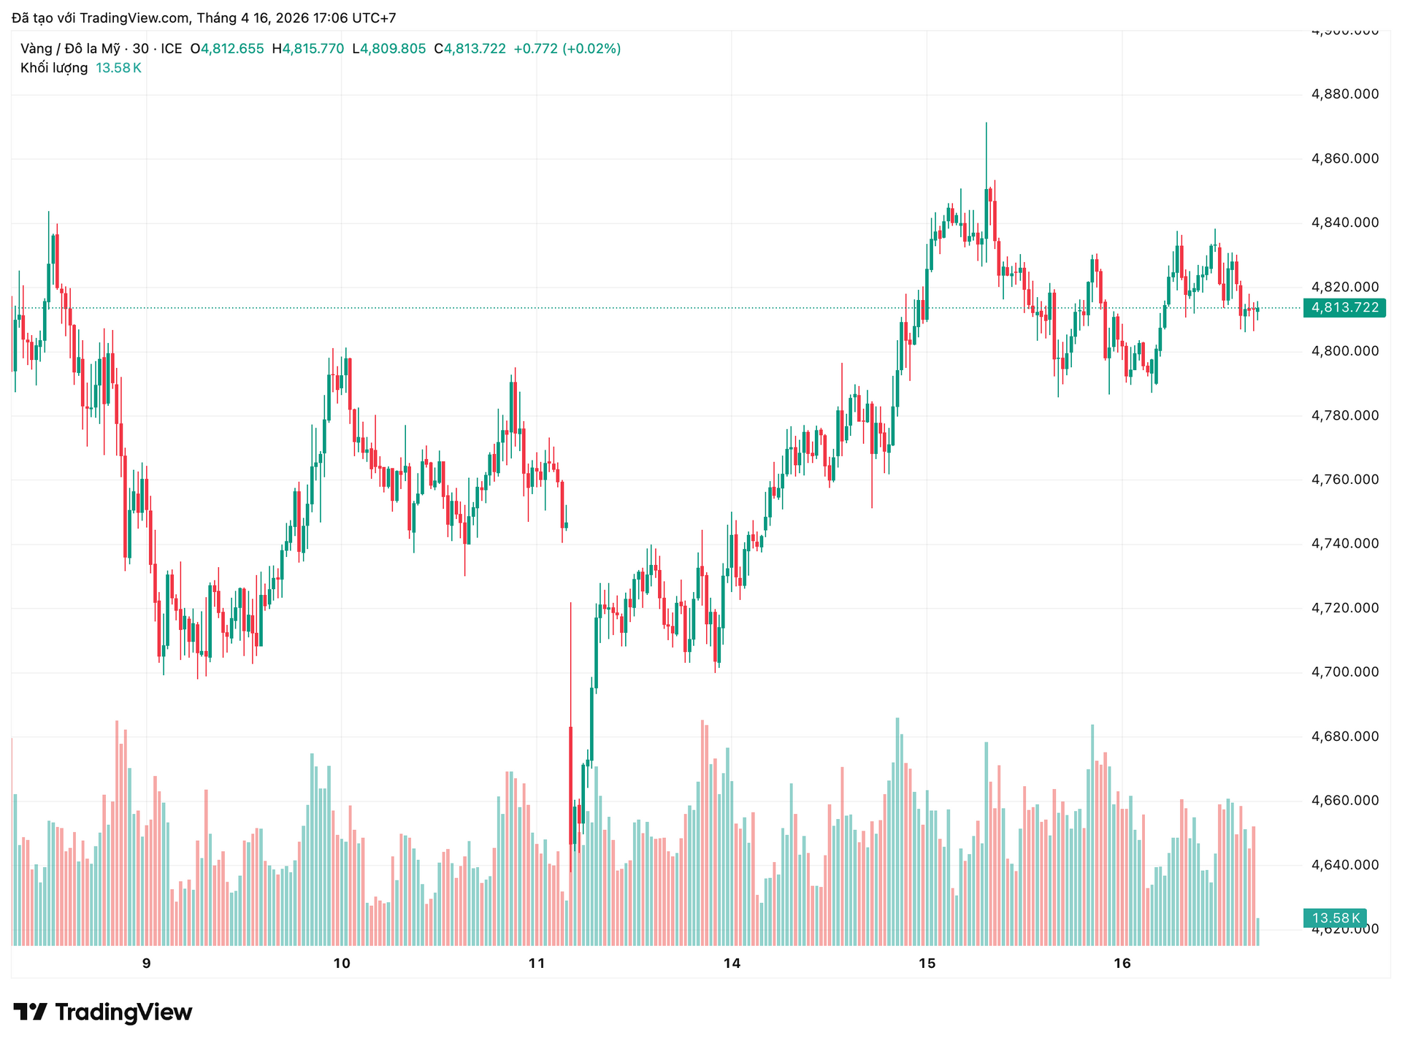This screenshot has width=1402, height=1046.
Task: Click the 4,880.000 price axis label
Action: (x=1345, y=94)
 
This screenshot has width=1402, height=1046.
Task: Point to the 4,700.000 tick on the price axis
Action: (x=1345, y=672)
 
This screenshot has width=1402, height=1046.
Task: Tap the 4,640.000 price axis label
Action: (x=1345, y=865)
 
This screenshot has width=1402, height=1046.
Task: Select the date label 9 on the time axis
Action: (x=147, y=964)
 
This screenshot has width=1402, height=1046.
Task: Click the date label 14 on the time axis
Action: (x=732, y=964)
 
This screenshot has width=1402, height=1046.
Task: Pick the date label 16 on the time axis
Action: (x=1122, y=964)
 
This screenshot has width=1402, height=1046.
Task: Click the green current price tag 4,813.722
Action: (x=1345, y=307)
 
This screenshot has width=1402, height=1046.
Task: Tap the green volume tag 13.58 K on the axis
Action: (x=1336, y=918)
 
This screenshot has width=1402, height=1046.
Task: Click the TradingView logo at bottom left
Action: (x=103, y=1012)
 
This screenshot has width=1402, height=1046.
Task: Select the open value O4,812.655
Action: (x=227, y=49)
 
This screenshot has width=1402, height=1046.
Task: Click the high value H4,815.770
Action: (x=307, y=49)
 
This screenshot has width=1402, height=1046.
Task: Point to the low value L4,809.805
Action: (x=388, y=49)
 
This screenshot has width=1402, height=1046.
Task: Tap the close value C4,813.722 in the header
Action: (x=470, y=49)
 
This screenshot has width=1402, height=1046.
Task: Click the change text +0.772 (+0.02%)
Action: (x=567, y=49)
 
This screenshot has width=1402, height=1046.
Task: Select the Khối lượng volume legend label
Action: (x=54, y=68)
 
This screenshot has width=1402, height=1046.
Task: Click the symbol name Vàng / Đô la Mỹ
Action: (x=70, y=49)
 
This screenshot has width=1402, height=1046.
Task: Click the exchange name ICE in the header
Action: (x=172, y=49)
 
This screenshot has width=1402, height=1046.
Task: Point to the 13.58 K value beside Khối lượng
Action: (x=118, y=68)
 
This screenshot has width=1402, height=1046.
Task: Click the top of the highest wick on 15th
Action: (x=986, y=123)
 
